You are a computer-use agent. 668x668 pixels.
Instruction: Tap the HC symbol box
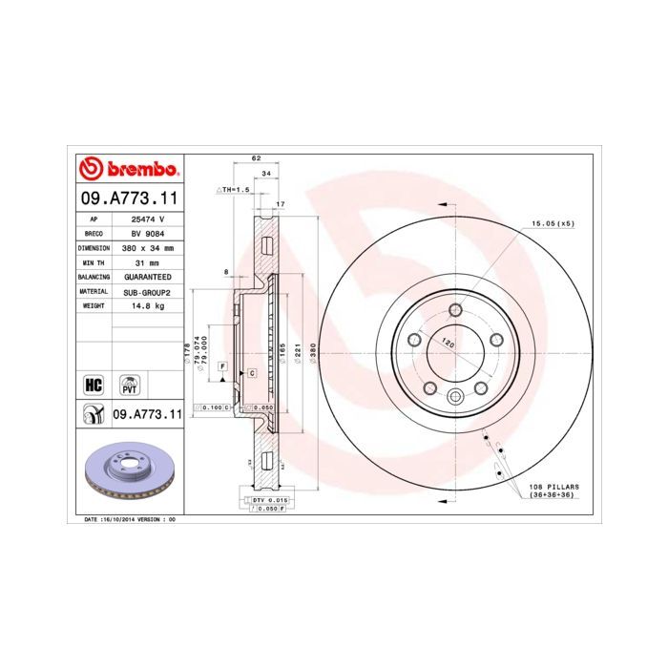[94, 385]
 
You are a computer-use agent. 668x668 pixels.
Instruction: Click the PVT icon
[129, 385]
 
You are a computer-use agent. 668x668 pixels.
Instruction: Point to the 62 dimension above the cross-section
[256, 158]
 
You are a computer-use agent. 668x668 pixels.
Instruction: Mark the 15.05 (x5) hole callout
[553, 223]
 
